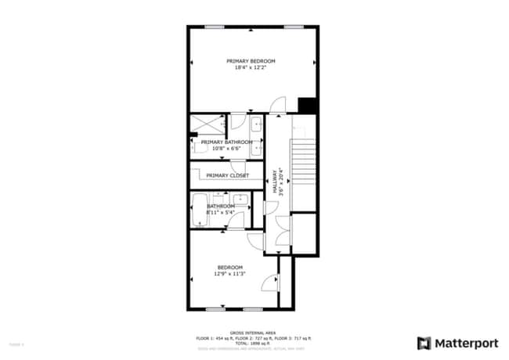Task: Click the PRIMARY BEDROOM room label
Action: [251, 61]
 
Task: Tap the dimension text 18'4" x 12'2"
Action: [251, 68]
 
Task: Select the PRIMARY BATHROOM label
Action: [226, 142]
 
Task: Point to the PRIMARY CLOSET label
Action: [228, 175]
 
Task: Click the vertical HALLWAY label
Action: [275, 182]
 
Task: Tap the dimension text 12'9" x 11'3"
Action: [229, 274]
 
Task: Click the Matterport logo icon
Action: [424, 343]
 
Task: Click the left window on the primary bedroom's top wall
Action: [215, 27]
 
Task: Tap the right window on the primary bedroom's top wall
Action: [294, 27]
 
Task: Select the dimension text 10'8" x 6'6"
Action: [226, 148]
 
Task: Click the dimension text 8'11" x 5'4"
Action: [220, 212]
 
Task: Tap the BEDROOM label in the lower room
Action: [229, 267]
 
